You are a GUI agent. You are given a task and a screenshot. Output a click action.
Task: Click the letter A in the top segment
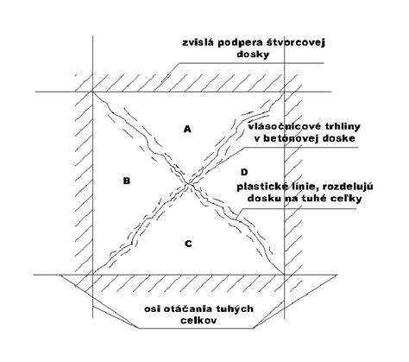[x=187, y=129]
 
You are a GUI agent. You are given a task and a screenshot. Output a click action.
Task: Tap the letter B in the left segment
[x=127, y=181]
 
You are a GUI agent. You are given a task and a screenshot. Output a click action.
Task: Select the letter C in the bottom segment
[x=188, y=244]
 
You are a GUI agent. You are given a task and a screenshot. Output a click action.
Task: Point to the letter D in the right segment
[x=244, y=172]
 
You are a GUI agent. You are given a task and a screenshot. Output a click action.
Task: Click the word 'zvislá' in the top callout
[x=197, y=42]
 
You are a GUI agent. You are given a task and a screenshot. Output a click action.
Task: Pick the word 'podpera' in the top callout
[x=238, y=43]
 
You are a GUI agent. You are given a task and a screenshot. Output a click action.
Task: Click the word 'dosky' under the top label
[x=253, y=54]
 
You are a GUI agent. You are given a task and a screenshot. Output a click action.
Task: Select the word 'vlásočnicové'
[x=280, y=126]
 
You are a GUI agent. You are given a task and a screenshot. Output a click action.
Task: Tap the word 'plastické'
[x=259, y=187]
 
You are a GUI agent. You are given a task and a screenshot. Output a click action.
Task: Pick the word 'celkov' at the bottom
[x=198, y=321]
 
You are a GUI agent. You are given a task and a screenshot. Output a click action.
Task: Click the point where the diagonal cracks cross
[x=188, y=183]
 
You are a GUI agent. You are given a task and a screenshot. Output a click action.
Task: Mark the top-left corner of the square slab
[x=92, y=92]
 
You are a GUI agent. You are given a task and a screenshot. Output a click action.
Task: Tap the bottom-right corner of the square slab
[x=284, y=275]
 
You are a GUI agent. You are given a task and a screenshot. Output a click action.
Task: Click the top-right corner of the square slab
[x=284, y=92]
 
